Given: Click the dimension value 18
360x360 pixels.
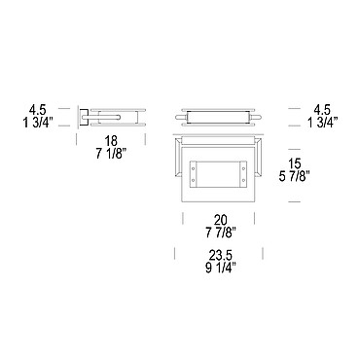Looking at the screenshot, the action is pyautogui.click(x=111, y=141).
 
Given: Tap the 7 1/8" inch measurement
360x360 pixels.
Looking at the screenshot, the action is pyautogui.click(x=111, y=154).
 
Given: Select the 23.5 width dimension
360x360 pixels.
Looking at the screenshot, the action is pyautogui.click(x=221, y=256).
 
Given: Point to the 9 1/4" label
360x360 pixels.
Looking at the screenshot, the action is pyautogui.click(x=221, y=269).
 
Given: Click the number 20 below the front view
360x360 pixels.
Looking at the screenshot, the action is pyautogui.click(x=221, y=220).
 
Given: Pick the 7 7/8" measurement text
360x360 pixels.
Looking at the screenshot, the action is pyautogui.click(x=221, y=233).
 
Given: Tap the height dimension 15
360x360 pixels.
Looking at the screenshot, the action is pyautogui.click(x=295, y=163).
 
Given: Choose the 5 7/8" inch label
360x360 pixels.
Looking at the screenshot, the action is pyautogui.click(x=295, y=176).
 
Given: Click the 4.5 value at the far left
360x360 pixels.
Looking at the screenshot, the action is pyautogui.click(x=38, y=110).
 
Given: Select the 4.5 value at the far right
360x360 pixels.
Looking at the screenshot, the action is pyautogui.click(x=321, y=110).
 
